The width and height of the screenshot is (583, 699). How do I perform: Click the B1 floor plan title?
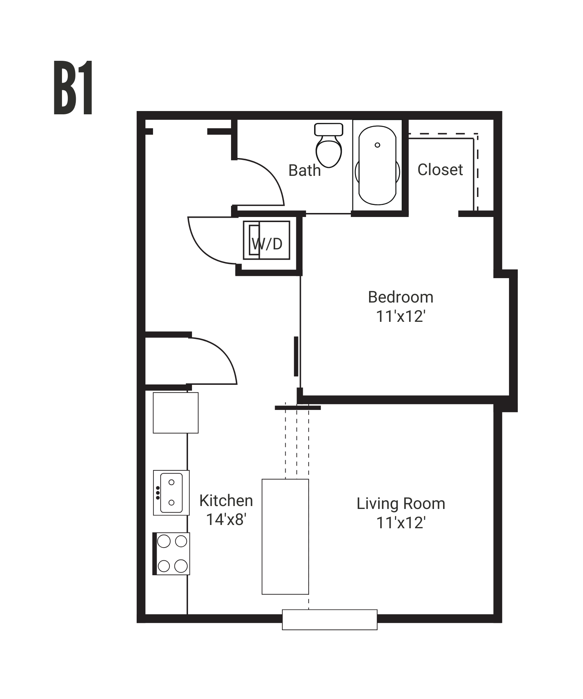73,88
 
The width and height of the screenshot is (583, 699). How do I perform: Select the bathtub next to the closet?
377,166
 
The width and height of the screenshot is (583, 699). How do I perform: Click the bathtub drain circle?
377,145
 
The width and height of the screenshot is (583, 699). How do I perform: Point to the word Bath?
304,170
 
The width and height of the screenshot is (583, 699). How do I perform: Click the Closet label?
440,170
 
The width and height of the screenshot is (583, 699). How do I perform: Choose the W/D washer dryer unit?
267,240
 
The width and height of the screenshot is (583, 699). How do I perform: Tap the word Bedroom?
400,297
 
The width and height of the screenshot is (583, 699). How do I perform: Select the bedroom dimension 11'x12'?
401,316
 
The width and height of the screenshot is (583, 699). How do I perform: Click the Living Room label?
401,503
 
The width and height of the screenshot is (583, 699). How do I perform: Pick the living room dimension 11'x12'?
401,523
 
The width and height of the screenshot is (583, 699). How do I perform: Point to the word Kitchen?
226,501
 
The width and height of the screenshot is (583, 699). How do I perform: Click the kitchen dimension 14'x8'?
226,520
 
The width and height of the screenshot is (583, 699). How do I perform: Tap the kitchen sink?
171,493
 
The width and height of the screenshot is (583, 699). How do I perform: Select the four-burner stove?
172,554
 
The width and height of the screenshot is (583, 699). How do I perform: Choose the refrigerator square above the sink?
175,412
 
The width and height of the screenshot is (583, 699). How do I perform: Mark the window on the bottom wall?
329,619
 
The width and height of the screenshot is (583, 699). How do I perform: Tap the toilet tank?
329,129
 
